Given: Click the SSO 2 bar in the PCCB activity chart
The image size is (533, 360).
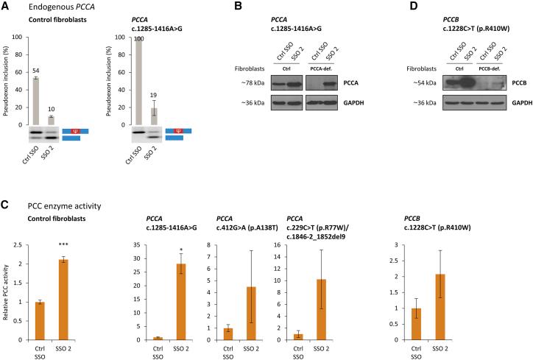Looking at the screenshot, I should (x=501, y=306).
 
